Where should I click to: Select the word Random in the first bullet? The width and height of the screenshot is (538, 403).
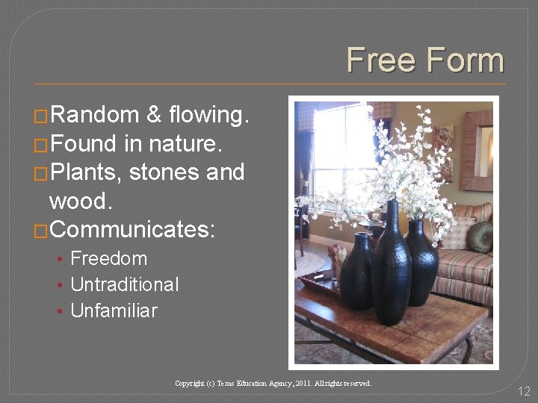(95, 115)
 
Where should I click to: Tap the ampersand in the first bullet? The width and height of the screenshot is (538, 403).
(154, 115)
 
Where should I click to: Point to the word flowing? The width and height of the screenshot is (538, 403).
(209, 115)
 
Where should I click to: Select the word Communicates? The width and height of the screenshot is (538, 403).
(132, 229)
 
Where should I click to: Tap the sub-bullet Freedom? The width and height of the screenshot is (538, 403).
(108, 259)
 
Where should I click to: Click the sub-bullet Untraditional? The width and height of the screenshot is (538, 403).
(124, 284)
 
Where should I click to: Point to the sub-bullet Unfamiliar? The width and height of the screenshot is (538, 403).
(114, 310)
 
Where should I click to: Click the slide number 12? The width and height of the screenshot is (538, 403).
(523, 390)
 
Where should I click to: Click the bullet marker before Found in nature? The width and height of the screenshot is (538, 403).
(42, 145)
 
